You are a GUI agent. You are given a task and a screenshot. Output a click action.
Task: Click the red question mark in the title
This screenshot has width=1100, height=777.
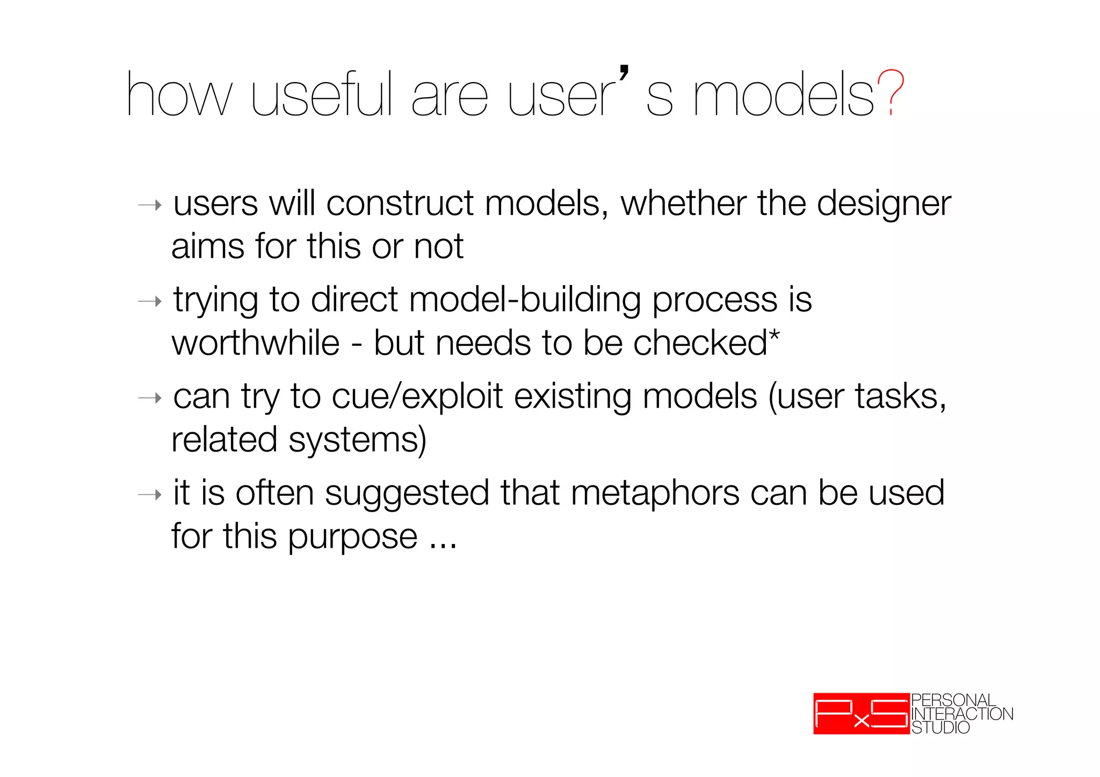891,93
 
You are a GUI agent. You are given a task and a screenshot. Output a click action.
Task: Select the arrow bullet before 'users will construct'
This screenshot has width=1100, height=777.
150,205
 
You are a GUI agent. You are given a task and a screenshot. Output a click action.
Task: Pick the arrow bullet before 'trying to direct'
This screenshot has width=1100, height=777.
150,301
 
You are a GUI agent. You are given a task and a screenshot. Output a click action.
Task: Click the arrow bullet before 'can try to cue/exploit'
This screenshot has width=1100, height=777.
150,398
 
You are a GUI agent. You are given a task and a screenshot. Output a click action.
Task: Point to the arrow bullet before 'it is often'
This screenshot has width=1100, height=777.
150,494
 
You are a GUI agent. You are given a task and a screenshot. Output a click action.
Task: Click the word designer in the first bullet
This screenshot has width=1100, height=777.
884,205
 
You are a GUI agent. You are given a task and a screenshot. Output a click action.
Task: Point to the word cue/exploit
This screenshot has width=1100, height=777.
417,397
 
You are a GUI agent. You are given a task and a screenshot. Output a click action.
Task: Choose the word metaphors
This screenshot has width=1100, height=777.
655,493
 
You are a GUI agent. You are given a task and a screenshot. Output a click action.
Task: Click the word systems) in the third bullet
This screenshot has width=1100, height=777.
357,440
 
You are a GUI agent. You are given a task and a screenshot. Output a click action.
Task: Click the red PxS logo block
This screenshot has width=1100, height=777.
861,714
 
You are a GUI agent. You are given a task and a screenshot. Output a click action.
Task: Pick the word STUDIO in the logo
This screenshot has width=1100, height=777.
940,728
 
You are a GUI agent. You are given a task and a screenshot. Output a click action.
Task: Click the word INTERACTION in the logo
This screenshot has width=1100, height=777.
962,714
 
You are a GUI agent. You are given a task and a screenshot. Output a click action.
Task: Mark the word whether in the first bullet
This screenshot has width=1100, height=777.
683,204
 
